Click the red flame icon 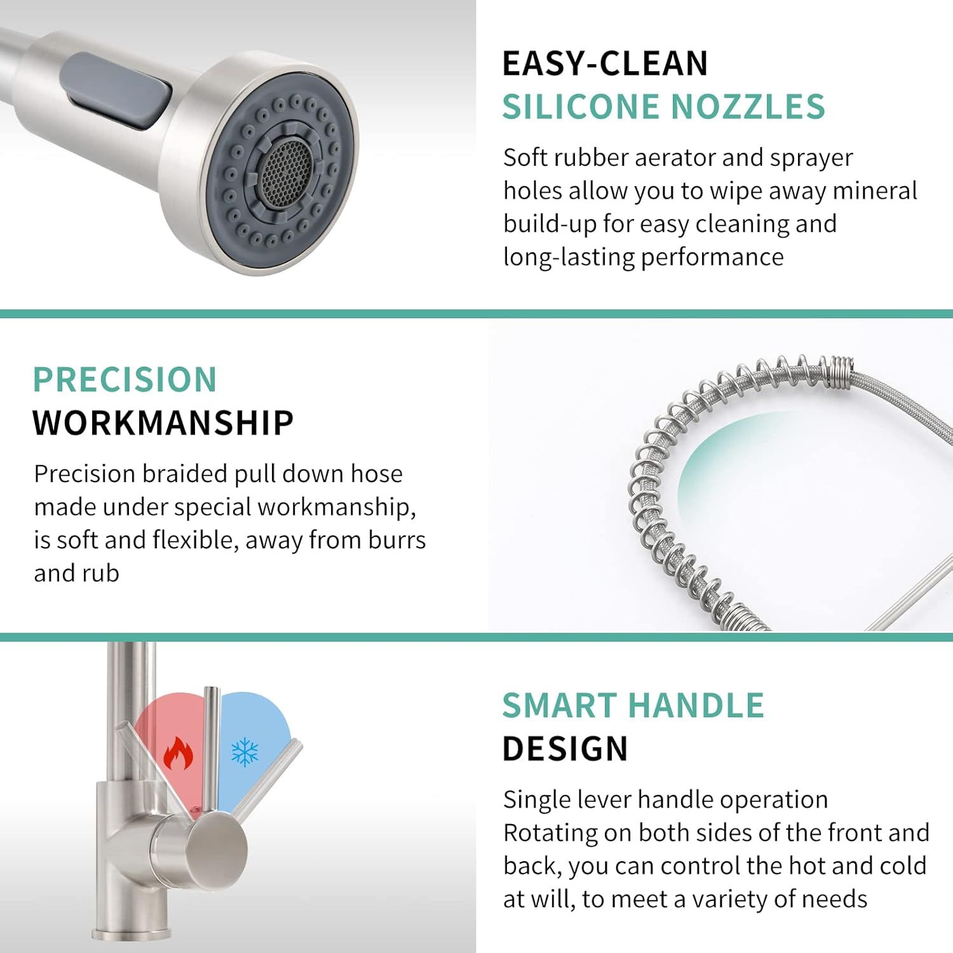178,754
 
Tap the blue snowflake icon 245,752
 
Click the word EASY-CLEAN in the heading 605,64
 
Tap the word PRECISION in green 125,379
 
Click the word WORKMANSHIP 163,422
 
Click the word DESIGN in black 565,748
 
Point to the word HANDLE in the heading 696,705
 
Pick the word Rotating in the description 550,834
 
